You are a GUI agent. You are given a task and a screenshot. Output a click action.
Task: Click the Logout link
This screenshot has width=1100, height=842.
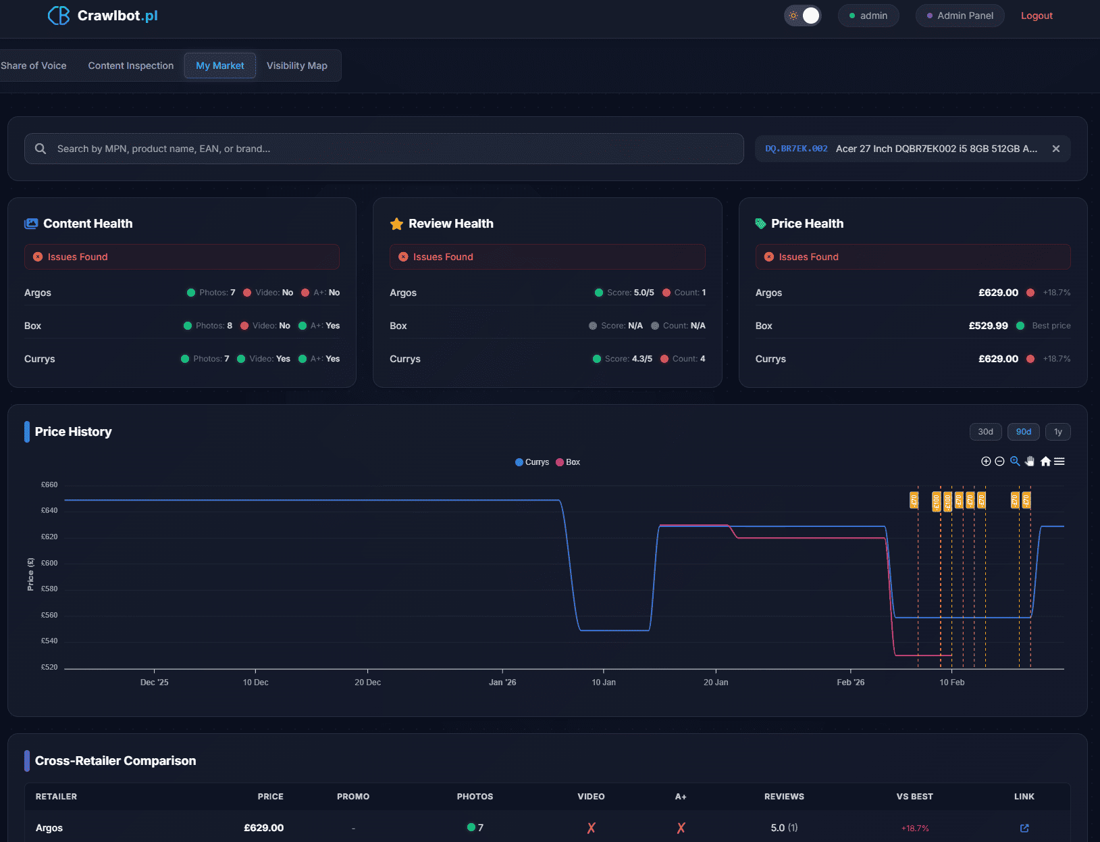pos(1036,16)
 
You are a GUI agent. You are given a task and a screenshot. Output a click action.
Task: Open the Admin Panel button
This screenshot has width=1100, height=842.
pos(960,16)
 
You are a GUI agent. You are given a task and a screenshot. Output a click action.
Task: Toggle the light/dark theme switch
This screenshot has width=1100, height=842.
pos(802,16)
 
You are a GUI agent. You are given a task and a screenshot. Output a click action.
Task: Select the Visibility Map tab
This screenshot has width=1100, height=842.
pos(296,66)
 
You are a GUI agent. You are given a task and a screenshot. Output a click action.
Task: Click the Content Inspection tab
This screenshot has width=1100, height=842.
pos(130,66)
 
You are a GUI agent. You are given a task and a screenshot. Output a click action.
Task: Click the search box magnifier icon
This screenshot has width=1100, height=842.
pos(41,149)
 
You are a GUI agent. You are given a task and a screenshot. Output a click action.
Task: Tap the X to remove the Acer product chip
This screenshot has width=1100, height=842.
pos(1055,149)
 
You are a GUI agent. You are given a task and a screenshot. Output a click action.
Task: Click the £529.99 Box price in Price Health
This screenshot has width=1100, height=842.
pos(988,326)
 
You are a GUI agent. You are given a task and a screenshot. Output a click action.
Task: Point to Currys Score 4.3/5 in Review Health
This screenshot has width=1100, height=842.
pos(628,359)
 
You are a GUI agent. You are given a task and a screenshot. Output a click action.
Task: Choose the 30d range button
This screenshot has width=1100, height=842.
pos(985,432)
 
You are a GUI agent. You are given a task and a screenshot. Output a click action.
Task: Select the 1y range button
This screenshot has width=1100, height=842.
pos(1057,432)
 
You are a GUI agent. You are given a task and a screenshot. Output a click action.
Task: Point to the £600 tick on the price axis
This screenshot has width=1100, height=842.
pos(49,563)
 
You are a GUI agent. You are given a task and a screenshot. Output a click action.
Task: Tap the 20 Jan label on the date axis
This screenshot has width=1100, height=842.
pos(716,683)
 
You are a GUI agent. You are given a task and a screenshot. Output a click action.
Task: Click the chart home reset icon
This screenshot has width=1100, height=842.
pos(1045,462)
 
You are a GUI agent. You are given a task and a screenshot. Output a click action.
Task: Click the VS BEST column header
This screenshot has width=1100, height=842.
pos(914,797)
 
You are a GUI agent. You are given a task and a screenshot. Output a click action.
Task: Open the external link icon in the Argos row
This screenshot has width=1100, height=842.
pos(1024,828)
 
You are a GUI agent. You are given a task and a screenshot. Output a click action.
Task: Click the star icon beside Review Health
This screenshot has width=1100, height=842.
pos(396,224)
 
